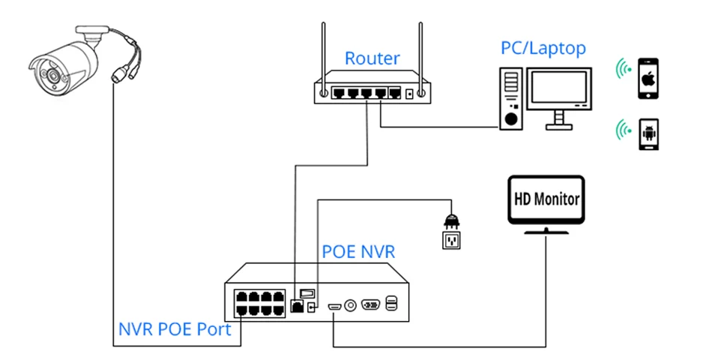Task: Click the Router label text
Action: (372, 58)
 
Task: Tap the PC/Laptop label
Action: (543, 48)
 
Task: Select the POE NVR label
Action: (358, 251)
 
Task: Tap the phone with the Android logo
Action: (648, 134)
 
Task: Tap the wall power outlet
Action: (451, 241)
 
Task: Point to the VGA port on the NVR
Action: (372, 304)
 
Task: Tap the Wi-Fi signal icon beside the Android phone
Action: (621, 130)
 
